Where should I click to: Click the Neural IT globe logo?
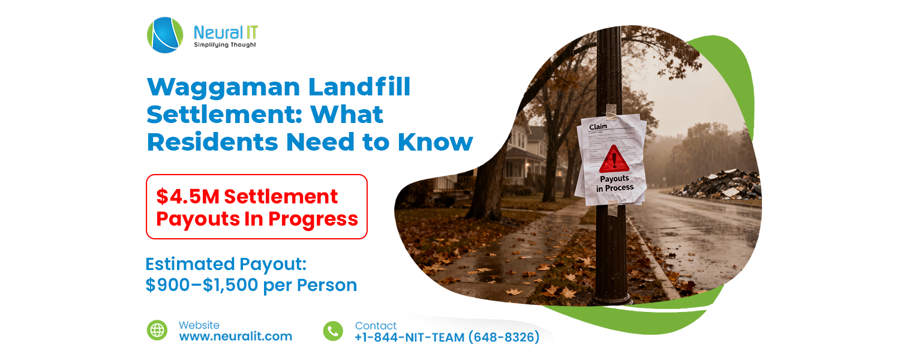165,35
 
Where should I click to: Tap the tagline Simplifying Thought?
225,45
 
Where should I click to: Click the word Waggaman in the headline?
221,88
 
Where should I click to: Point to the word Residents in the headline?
213,142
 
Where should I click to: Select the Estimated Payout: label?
226,264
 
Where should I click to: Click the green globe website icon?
157,330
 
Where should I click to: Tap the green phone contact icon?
333,331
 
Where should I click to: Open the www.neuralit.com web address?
235,337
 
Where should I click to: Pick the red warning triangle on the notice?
614,159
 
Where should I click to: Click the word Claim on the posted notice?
598,127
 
